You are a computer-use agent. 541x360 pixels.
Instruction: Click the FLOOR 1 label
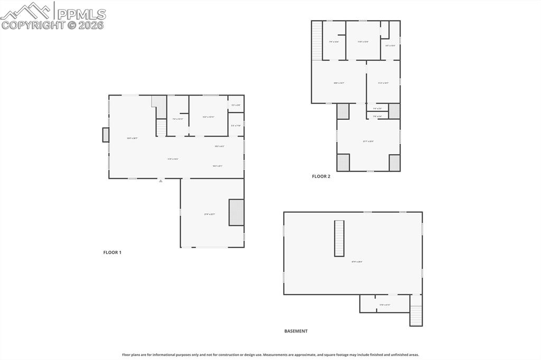pyautogui.click(x=112, y=252)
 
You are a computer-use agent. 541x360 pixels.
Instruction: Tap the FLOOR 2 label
pyautogui.click(x=321, y=176)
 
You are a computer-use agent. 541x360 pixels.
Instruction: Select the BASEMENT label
pyautogui.click(x=296, y=331)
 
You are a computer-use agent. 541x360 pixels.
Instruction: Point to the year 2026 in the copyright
pyautogui.click(x=92, y=25)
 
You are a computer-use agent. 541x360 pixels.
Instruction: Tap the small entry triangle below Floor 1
pyautogui.click(x=161, y=181)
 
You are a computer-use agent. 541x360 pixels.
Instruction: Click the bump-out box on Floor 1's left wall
pyautogui.click(x=106, y=135)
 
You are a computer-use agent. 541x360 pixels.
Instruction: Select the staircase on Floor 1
pyautogui.click(x=161, y=127)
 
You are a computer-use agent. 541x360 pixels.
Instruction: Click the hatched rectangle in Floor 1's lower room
pyautogui.click(x=236, y=212)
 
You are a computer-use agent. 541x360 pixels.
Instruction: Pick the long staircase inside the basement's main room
pyautogui.click(x=339, y=239)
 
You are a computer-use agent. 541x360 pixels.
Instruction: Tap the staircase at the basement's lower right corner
pyautogui.click(x=416, y=316)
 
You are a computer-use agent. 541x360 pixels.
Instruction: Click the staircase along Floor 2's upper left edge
pyautogui.click(x=316, y=40)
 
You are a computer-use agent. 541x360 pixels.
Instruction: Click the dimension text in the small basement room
pyautogui.click(x=385, y=305)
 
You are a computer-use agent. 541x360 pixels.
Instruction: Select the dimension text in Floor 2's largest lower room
pyautogui.click(x=368, y=141)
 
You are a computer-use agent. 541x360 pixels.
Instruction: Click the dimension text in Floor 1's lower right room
pyautogui.click(x=209, y=214)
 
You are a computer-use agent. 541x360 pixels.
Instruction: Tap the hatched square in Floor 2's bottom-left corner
pyautogui.click(x=343, y=162)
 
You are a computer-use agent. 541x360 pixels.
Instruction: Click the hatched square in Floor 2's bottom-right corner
pyautogui.click(x=394, y=162)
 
